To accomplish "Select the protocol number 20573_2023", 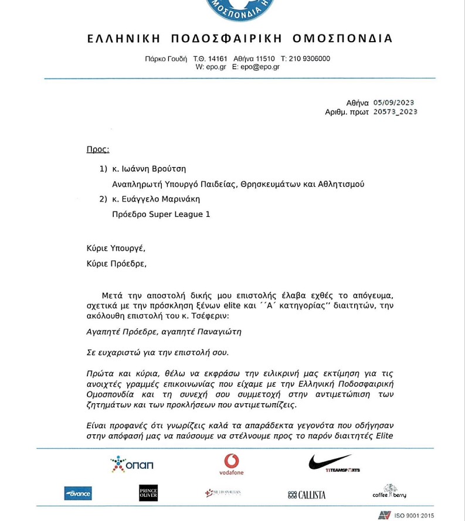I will (x=395, y=112).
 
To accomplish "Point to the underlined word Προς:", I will (x=98, y=149).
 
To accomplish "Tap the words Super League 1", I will (x=179, y=214).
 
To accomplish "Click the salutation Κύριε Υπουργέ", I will (x=116, y=248).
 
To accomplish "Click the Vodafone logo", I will (x=231, y=464).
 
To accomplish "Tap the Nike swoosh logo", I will (x=332, y=463).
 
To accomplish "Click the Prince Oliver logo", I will (x=148, y=493).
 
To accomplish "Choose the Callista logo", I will (x=307, y=495).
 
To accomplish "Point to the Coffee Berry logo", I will (x=389, y=492).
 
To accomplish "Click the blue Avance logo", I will (x=78, y=493).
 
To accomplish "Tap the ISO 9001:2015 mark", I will (x=406, y=516).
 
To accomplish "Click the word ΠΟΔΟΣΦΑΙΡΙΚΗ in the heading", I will (x=226, y=39).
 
